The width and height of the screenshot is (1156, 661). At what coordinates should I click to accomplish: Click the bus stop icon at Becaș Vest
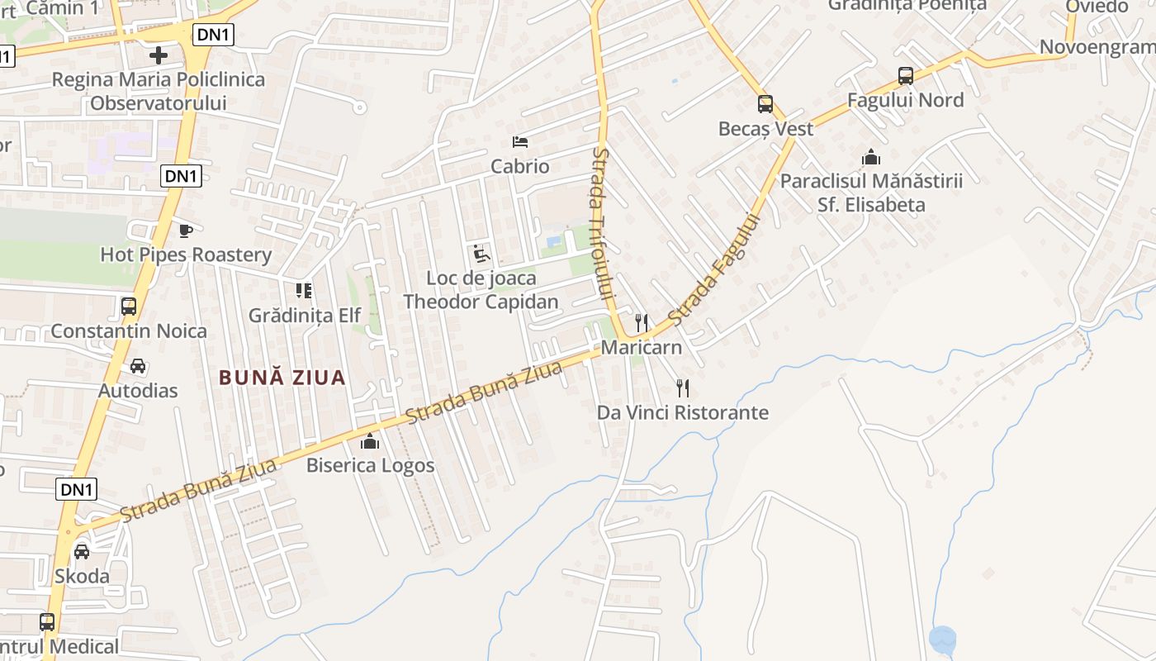point(765,104)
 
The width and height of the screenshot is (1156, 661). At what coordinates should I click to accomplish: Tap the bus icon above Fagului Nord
point(906,76)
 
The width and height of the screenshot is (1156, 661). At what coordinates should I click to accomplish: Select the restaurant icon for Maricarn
point(642,322)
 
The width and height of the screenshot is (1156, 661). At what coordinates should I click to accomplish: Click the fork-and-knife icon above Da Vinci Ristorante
point(682,388)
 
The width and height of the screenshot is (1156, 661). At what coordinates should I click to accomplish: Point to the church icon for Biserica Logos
point(370,441)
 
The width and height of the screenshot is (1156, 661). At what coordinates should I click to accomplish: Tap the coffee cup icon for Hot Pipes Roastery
point(186,231)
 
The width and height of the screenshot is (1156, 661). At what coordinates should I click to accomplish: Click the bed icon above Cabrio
point(520,142)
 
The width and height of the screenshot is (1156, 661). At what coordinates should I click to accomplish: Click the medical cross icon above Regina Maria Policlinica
point(158,55)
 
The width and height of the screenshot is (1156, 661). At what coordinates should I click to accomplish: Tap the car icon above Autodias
point(138,366)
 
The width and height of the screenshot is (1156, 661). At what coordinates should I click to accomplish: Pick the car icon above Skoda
point(82,551)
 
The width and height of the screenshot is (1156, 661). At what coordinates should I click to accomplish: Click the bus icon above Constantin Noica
point(129,307)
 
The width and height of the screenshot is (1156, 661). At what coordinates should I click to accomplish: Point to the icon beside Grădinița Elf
point(304,291)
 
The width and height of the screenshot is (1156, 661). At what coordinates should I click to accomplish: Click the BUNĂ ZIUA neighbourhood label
point(282,378)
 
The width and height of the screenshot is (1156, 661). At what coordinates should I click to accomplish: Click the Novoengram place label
point(1097,47)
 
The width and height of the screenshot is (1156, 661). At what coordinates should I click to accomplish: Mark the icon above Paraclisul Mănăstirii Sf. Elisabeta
point(871,157)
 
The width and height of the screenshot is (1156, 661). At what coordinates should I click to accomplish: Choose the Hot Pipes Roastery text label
point(186,254)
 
